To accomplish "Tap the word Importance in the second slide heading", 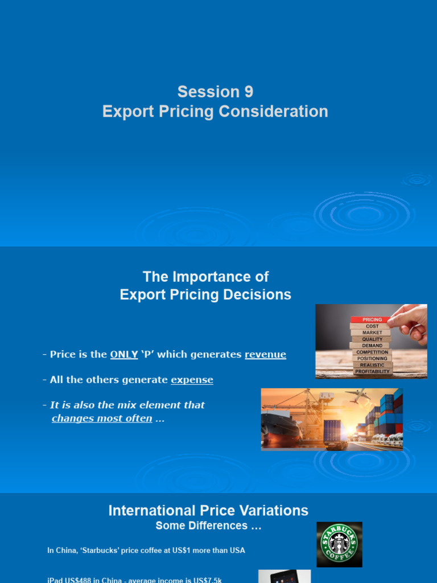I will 221,277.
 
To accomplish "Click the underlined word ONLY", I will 124,355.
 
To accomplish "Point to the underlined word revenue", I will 265,355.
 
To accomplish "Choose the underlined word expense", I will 192,380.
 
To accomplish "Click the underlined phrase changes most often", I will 102,418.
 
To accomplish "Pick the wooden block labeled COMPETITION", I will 372,352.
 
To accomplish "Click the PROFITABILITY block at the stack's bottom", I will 372,371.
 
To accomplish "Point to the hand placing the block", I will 411,322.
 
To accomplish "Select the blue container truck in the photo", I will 335,433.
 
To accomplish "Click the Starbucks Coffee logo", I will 340,544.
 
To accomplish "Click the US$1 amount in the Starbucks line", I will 186,551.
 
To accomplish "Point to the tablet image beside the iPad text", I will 285,576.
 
